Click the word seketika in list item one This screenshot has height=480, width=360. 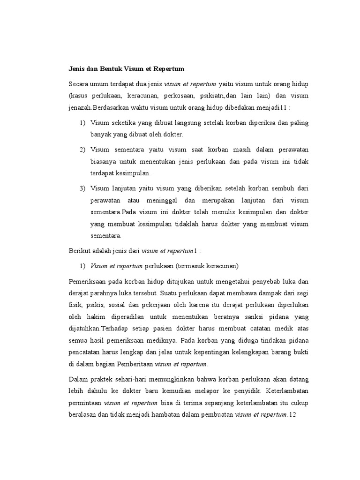123,123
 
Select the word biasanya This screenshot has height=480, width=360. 103,162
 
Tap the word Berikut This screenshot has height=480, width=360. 79,252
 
